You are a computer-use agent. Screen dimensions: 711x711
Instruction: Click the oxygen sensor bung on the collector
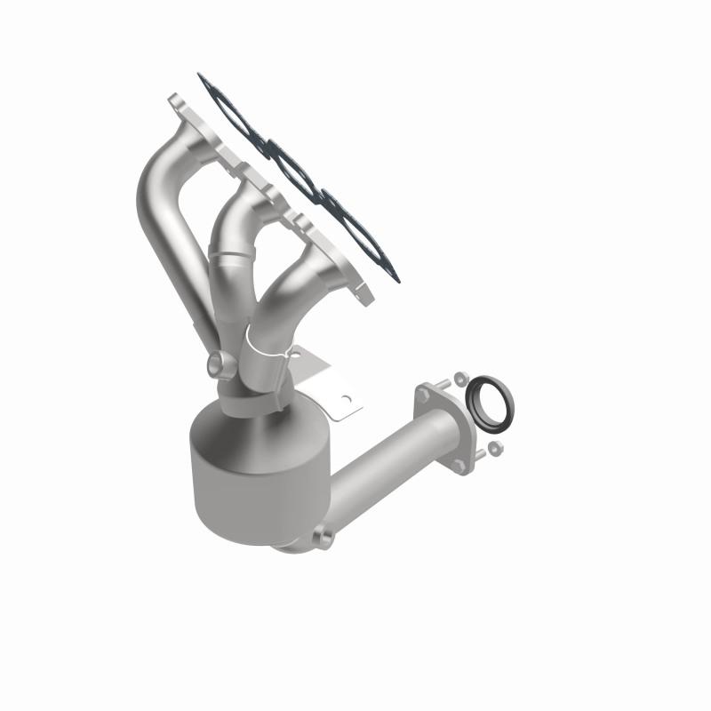(218, 364)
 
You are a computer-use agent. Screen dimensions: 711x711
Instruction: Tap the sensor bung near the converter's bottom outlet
(324, 537)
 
